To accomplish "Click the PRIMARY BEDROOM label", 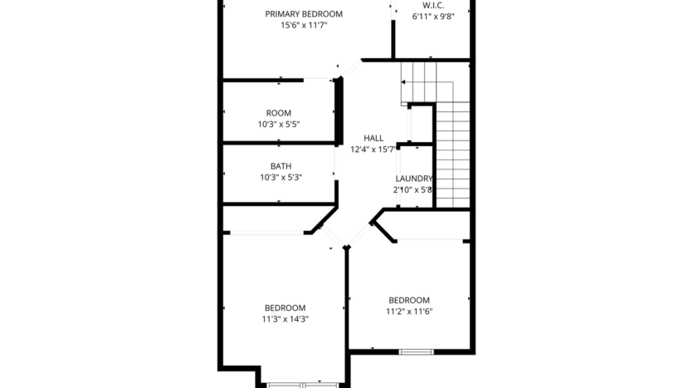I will coord(304,13).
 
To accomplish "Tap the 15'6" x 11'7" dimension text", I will coord(304,25).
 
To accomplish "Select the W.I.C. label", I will coord(433,5).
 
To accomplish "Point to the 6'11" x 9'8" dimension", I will coord(433,17).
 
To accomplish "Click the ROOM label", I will coord(279,113).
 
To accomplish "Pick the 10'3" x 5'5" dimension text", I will coord(279,125).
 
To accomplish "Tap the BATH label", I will coord(281,166).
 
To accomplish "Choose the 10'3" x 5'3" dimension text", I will coord(281,177).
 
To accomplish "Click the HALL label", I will coord(373,138).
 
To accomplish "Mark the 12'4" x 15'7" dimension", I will coord(373,150).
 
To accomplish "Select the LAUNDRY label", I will coord(413,179).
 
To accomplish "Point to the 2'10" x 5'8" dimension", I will coord(413,189).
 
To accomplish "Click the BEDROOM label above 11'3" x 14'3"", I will coord(285,307).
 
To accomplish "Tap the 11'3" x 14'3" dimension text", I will coord(285,318).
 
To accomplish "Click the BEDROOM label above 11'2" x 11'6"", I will coord(409,300).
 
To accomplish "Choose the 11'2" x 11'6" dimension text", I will coord(409,312).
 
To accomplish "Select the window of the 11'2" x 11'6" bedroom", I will coord(416,351).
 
